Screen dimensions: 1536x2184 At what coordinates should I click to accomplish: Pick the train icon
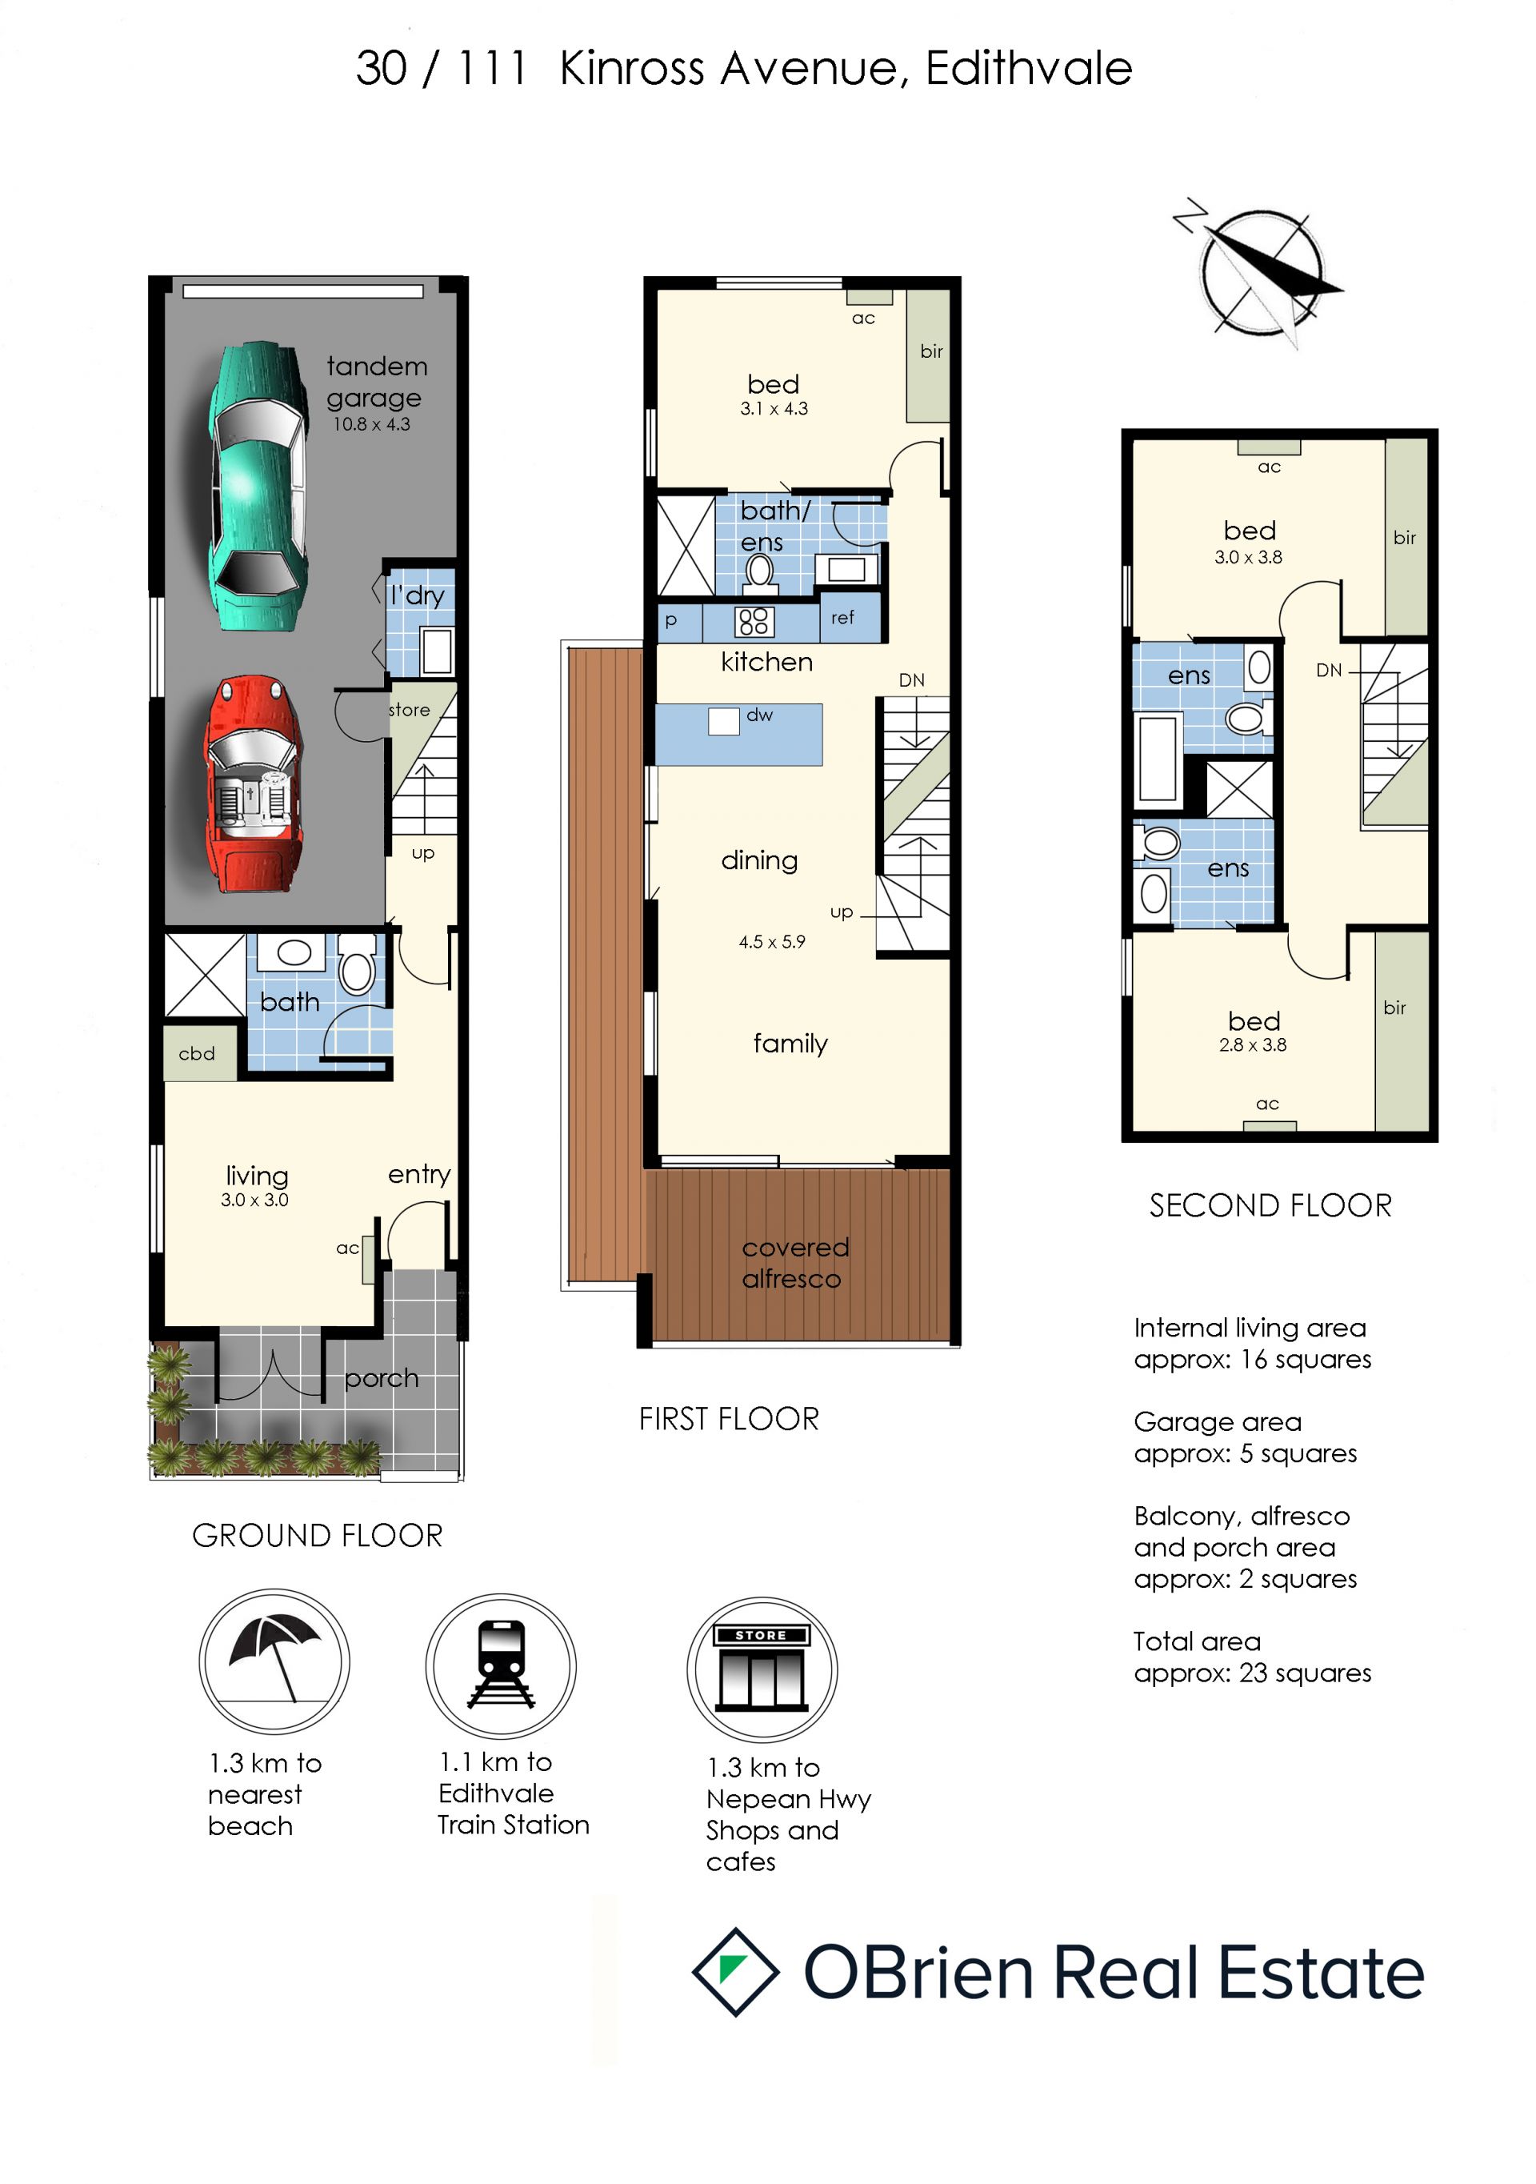point(500,1665)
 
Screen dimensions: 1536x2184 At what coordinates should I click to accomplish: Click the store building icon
point(762,1669)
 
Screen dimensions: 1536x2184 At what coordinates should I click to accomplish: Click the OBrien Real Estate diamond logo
point(735,1971)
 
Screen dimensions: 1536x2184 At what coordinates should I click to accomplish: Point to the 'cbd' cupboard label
point(197,1053)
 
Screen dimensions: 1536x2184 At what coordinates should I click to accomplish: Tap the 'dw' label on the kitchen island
point(760,715)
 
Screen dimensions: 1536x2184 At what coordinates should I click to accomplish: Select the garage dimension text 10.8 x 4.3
point(372,424)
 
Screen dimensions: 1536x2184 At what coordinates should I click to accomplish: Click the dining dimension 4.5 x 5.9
point(772,942)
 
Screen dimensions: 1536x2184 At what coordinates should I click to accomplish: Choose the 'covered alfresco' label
point(795,1262)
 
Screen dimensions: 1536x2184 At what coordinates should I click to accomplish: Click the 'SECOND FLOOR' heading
point(1270,1205)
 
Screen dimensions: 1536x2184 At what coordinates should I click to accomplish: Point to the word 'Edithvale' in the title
point(1029,69)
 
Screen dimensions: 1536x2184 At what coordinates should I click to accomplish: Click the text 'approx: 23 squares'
point(1253,1673)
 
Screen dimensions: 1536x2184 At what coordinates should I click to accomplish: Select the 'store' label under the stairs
point(409,710)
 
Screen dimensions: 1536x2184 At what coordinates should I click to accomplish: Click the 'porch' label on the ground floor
point(382,1378)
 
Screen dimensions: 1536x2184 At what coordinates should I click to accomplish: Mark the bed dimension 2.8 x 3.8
point(1253,1044)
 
